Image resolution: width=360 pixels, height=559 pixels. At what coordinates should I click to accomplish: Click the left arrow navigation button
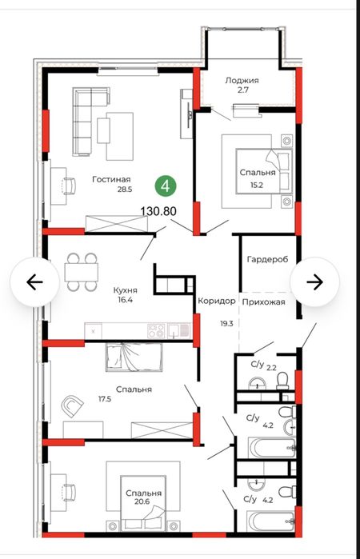point(34,281)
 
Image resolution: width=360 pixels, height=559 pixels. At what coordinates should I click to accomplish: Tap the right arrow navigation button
point(314,281)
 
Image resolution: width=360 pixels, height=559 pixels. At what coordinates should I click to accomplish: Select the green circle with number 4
point(166,186)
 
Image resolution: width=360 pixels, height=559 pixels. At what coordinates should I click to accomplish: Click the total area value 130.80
point(158,211)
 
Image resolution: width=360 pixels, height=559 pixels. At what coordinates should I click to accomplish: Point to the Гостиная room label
point(111,179)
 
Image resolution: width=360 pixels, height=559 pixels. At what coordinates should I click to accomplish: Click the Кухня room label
point(125,289)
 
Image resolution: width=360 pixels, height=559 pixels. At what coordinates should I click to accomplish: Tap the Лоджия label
point(242,81)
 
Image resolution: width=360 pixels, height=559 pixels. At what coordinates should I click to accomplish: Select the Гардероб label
point(267,259)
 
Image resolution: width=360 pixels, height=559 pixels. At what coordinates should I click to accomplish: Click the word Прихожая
point(264,302)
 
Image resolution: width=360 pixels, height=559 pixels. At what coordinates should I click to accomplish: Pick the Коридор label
point(217,301)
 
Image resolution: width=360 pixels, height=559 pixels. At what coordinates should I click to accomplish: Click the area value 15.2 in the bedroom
point(257,185)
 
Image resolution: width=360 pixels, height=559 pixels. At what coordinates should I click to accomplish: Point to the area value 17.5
point(105,399)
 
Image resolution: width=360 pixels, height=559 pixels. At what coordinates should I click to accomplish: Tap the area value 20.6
point(142,501)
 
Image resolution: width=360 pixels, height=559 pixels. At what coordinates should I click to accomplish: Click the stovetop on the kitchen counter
point(156,330)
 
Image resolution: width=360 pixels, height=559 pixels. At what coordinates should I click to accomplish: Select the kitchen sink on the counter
point(178,330)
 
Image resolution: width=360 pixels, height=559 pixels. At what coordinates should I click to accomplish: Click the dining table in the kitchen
point(82,272)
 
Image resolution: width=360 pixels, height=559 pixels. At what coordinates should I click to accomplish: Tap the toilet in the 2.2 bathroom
point(282,381)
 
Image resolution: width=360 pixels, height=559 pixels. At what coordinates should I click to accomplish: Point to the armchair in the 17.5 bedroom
point(73,405)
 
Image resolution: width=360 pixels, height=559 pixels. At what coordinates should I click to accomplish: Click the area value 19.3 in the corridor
point(226,324)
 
